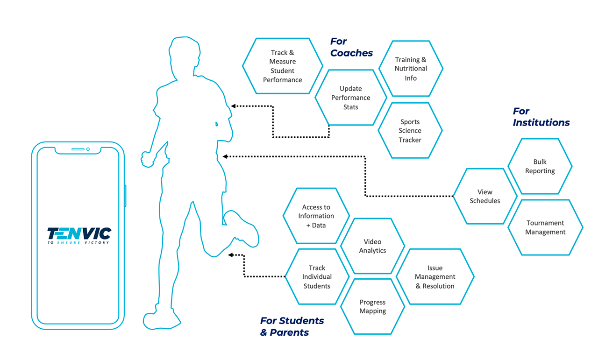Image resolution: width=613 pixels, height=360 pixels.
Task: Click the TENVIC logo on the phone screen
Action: [79, 233]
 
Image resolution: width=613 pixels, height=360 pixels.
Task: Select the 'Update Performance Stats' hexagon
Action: [351, 98]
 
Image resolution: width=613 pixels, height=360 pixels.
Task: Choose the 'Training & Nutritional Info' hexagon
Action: [411, 69]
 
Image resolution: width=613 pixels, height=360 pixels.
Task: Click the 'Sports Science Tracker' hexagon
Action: [410, 131]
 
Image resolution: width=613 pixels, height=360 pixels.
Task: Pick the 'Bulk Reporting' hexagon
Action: [540, 166]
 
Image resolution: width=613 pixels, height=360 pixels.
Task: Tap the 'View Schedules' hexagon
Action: [485, 197]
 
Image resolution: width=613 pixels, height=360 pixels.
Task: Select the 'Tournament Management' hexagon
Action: [545, 227]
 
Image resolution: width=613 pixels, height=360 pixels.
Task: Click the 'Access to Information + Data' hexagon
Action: [316, 216]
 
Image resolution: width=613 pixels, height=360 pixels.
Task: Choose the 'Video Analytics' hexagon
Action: [373, 246]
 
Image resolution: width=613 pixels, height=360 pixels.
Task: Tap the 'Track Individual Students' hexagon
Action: [317, 277]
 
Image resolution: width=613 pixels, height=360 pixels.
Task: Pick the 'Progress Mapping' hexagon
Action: [373, 307]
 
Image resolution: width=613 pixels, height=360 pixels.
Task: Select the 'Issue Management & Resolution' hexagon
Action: [435, 277]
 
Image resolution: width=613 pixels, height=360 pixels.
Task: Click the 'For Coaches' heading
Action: [351, 47]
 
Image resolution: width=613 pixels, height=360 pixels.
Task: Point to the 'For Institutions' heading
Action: [541, 117]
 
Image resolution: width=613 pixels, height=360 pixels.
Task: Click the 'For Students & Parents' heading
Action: [292, 326]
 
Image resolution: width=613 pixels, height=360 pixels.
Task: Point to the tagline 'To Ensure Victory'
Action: [78, 243]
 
